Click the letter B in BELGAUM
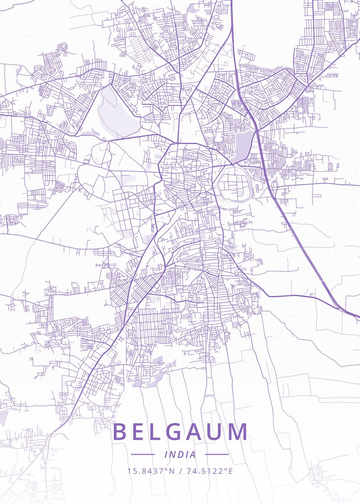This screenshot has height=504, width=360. click(x=120, y=432)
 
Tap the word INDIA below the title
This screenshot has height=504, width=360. click(x=180, y=454)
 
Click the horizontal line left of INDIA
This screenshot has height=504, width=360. click(x=143, y=454)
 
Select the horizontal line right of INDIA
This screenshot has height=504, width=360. click(x=217, y=454)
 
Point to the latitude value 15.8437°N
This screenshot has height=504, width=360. click(x=151, y=471)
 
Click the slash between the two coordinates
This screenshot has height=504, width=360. click(x=180, y=471)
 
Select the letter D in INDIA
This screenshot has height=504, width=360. click(x=180, y=454)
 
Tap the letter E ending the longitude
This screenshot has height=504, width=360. click(x=230, y=471)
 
